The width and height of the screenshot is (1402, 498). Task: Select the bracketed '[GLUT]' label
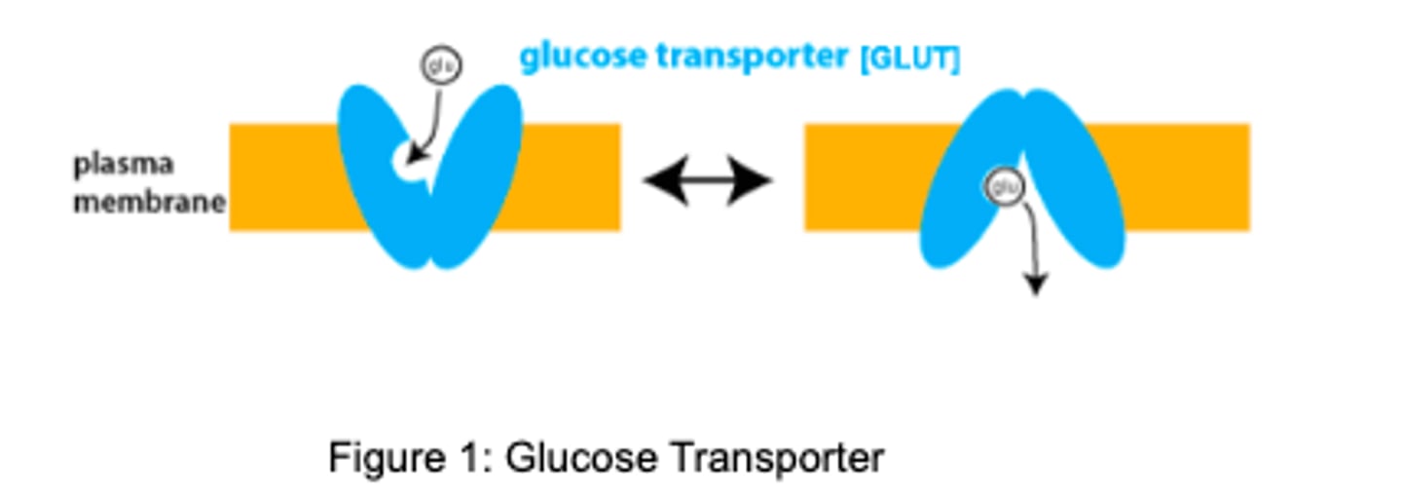[x=909, y=59]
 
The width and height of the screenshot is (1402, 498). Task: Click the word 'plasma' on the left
[x=123, y=163]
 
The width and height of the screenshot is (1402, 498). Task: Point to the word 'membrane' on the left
[x=149, y=203]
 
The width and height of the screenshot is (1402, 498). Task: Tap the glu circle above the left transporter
[x=441, y=65]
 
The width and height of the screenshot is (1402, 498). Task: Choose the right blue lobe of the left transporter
[x=477, y=175]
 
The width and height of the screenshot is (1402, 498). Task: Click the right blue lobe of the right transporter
[x=1076, y=185]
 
